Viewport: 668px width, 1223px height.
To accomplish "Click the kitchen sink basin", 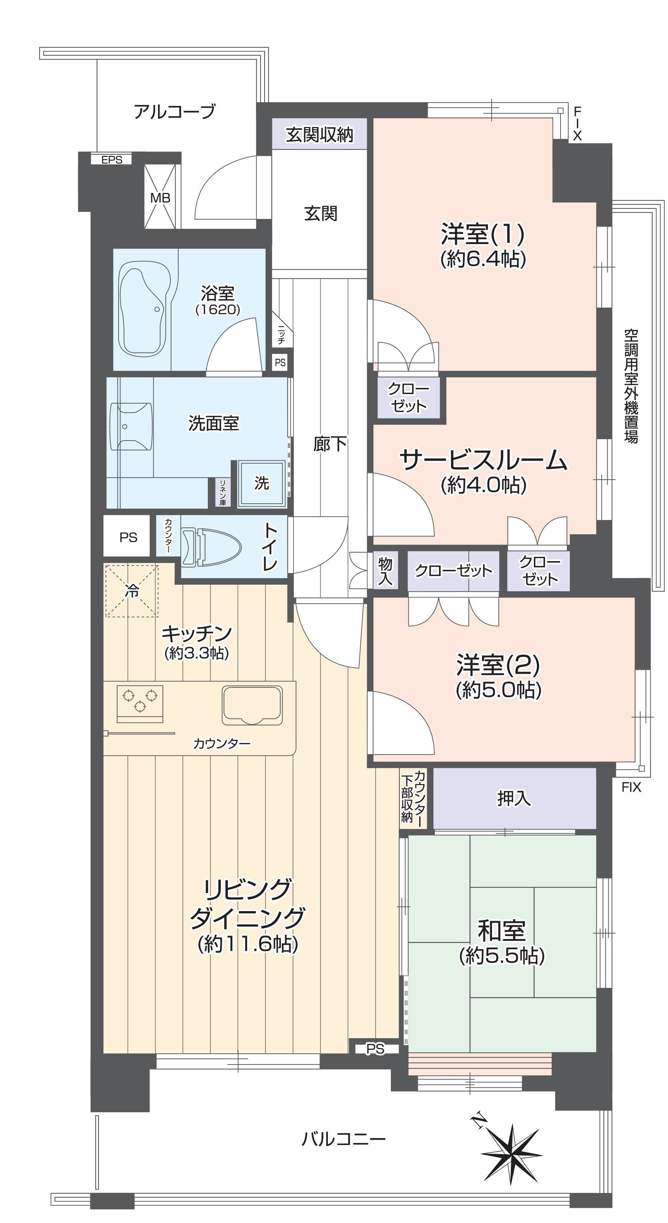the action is (252, 705).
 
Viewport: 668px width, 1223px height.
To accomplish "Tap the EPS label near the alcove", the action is (112, 160).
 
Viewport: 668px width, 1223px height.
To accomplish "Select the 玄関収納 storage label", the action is (319, 135).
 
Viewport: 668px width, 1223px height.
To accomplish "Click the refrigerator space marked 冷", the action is (132, 591).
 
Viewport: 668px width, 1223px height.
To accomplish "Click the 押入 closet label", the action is (514, 799).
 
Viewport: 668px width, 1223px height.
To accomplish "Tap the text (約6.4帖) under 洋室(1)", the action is (483, 259).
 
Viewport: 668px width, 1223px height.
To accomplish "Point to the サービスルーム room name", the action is (483, 460).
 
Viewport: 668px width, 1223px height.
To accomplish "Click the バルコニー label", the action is (343, 1139).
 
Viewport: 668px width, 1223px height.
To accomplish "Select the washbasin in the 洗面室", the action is (132, 426).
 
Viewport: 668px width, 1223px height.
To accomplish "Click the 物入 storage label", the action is (385, 571).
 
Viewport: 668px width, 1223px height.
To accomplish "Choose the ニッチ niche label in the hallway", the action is (281, 334).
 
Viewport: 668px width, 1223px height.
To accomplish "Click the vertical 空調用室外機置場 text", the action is (631, 386).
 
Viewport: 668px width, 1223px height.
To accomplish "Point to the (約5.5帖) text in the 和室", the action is (501, 955).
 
